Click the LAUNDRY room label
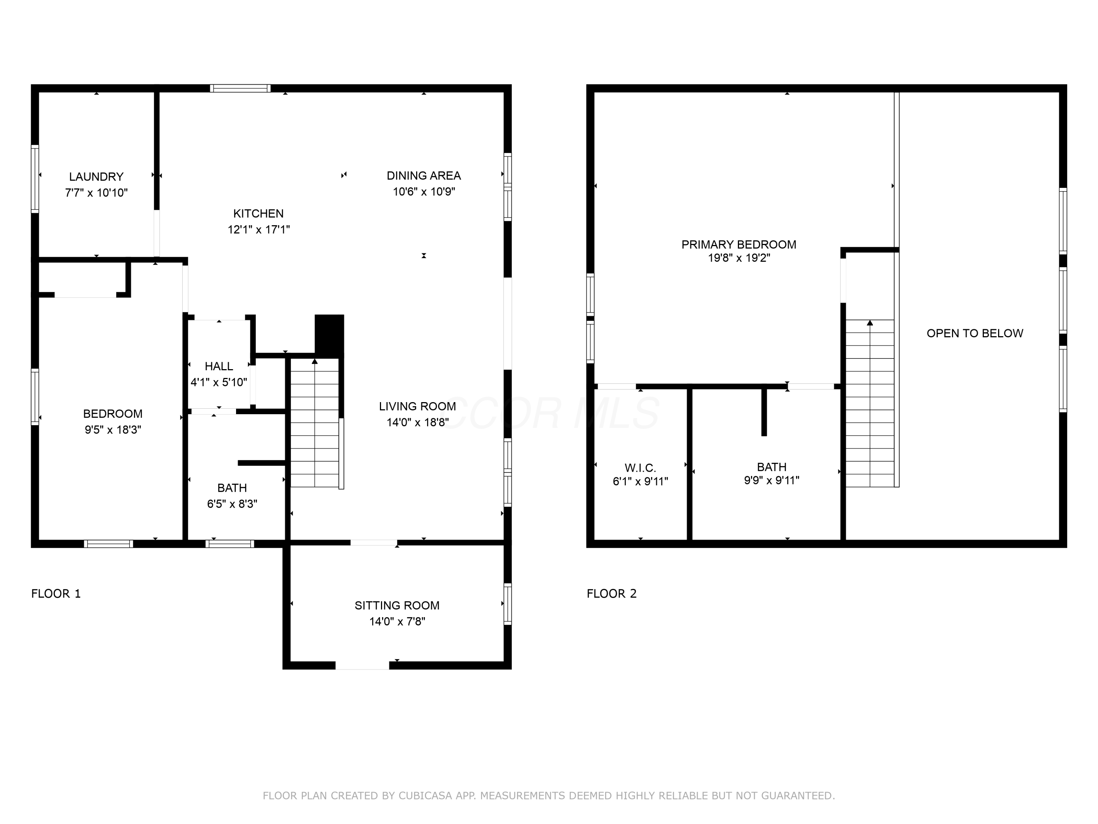click(96, 177)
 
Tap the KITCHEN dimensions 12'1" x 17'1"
click(259, 230)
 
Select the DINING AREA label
click(424, 176)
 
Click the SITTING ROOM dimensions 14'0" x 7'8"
click(397, 621)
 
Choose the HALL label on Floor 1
click(219, 366)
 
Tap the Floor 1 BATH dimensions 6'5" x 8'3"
click(232, 504)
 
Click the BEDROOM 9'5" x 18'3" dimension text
click(113, 430)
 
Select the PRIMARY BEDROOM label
click(739, 244)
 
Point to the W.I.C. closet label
click(640, 468)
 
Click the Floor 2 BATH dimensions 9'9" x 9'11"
click(772, 480)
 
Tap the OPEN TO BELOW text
click(975, 333)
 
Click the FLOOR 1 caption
click(56, 594)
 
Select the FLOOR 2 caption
click(612, 594)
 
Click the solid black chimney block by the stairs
click(329, 336)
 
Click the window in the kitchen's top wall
click(240, 88)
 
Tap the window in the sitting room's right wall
click(508, 604)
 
